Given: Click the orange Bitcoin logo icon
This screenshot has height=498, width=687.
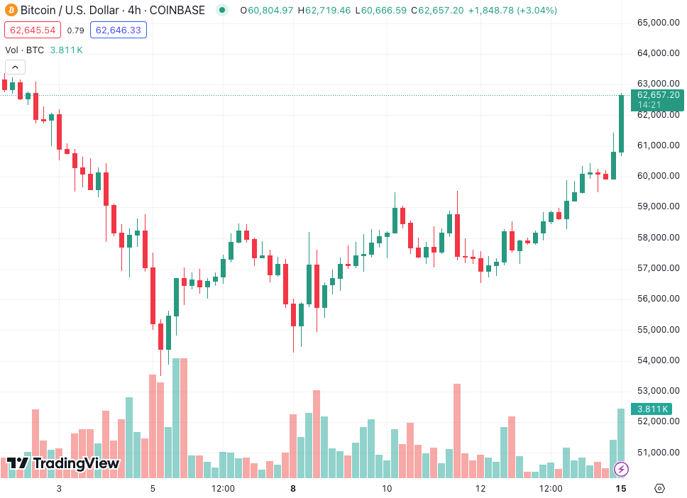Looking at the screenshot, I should pyautogui.click(x=11, y=11).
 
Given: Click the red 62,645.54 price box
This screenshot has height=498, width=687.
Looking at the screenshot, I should pyautogui.click(x=33, y=30).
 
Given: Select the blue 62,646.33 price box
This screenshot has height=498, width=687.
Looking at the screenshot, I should pyautogui.click(x=119, y=30).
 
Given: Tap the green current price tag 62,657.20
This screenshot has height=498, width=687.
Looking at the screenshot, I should pyautogui.click(x=658, y=95).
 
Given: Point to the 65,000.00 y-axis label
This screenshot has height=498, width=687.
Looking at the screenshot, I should pyautogui.click(x=659, y=22).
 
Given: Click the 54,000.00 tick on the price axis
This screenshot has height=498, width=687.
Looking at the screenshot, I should pyautogui.click(x=659, y=360).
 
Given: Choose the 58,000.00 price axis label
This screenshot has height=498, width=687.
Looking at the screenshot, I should pyautogui.click(x=659, y=237).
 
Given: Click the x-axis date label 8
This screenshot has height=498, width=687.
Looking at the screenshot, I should pyautogui.click(x=293, y=488).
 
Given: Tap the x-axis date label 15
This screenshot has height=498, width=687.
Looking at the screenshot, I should pyautogui.click(x=620, y=488).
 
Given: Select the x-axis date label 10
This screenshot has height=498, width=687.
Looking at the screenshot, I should pyautogui.click(x=387, y=488).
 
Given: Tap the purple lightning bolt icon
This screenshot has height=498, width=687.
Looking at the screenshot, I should pyautogui.click(x=621, y=468).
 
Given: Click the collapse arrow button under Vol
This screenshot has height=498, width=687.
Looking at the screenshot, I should pyautogui.click(x=16, y=67).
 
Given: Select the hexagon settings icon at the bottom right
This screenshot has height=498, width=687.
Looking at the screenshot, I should pyautogui.click(x=659, y=488).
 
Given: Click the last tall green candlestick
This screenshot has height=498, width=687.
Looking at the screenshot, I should pyautogui.click(x=621, y=123).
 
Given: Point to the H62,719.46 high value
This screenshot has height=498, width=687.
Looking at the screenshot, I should pyautogui.click(x=328, y=11).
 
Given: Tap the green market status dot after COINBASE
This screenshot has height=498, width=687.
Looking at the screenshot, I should pyautogui.click(x=222, y=11).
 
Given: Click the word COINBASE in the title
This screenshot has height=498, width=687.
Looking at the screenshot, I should pyautogui.click(x=177, y=11).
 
